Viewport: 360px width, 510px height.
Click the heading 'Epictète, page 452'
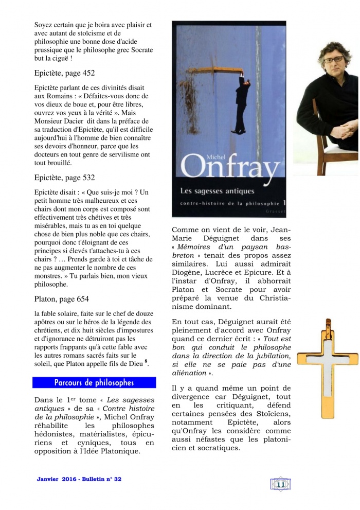point(64,73)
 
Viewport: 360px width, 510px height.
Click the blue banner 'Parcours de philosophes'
point(94,383)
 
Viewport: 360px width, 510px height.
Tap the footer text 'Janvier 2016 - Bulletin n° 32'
point(79,480)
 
